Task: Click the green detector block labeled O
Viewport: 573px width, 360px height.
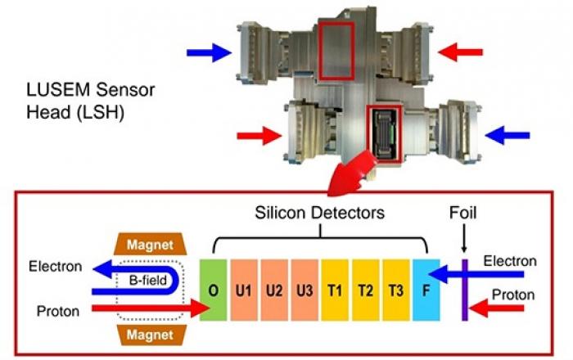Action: tap(213, 290)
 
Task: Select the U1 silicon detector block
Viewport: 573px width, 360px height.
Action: tap(244, 290)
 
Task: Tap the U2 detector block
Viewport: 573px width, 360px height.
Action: tap(274, 290)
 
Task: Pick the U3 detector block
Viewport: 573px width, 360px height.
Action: tap(305, 290)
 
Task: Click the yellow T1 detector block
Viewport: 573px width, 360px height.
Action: tap(335, 290)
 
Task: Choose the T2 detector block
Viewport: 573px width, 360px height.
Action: tap(366, 290)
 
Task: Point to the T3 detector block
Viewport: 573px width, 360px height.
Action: tap(396, 290)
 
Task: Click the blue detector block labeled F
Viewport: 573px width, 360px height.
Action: tap(426, 290)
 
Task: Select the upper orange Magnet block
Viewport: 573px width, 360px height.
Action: tap(150, 244)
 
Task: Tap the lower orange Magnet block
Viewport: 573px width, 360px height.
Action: tap(150, 335)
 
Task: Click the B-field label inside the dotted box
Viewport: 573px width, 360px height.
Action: tap(148, 281)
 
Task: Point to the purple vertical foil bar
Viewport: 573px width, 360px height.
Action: tap(464, 290)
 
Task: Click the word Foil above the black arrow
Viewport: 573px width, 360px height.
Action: tap(463, 213)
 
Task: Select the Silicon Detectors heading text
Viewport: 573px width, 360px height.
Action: tap(320, 213)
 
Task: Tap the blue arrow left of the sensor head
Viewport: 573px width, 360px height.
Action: tap(209, 52)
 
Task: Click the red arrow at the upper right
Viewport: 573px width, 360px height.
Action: tap(460, 52)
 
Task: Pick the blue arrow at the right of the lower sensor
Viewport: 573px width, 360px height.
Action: tap(508, 135)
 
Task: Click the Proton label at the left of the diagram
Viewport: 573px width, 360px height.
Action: tap(58, 311)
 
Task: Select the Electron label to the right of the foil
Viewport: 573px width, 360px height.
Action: tap(510, 261)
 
